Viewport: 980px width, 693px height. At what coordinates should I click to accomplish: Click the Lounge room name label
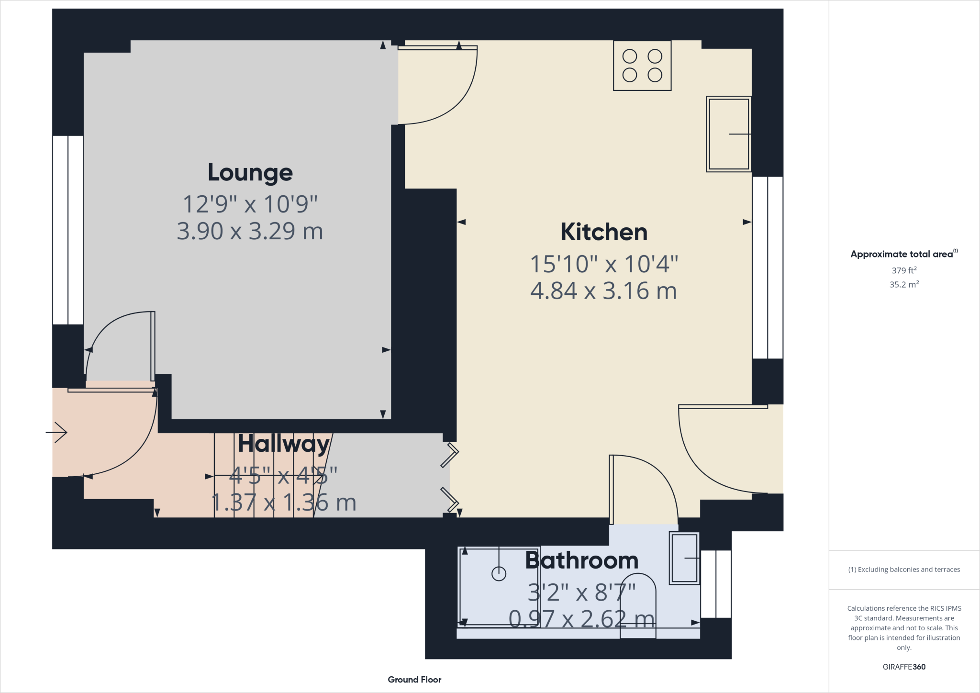click(250, 173)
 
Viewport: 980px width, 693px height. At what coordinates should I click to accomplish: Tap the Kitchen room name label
click(604, 232)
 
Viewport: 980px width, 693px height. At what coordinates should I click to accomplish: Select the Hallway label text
click(284, 444)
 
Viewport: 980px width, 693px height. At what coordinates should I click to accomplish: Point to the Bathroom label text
click(581, 560)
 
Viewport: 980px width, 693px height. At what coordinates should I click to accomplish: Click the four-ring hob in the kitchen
click(642, 66)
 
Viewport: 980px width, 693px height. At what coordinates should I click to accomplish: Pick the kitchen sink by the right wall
click(728, 134)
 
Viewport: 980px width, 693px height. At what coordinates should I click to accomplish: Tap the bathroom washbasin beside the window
click(684, 558)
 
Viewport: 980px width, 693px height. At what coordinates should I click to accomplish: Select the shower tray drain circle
click(499, 574)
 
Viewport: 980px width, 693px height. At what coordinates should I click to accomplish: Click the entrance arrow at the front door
click(57, 433)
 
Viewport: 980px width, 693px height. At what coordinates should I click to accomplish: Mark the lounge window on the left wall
click(68, 230)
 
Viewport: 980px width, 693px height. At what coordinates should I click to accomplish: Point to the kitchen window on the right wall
click(768, 268)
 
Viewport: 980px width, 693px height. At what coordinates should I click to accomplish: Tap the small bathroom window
click(716, 584)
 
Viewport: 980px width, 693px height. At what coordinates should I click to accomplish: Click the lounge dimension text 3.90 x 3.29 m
click(250, 231)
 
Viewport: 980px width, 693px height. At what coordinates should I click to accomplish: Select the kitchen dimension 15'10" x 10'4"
click(604, 264)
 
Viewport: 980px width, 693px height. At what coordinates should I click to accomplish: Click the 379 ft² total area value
click(903, 270)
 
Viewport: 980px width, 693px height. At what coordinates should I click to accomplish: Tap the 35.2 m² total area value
click(903, 284)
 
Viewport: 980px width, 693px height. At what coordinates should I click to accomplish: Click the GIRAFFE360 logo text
click(903, 667)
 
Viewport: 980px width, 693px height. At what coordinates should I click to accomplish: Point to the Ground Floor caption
click(414, 680)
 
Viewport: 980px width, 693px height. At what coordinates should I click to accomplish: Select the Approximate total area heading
click(902, 254)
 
